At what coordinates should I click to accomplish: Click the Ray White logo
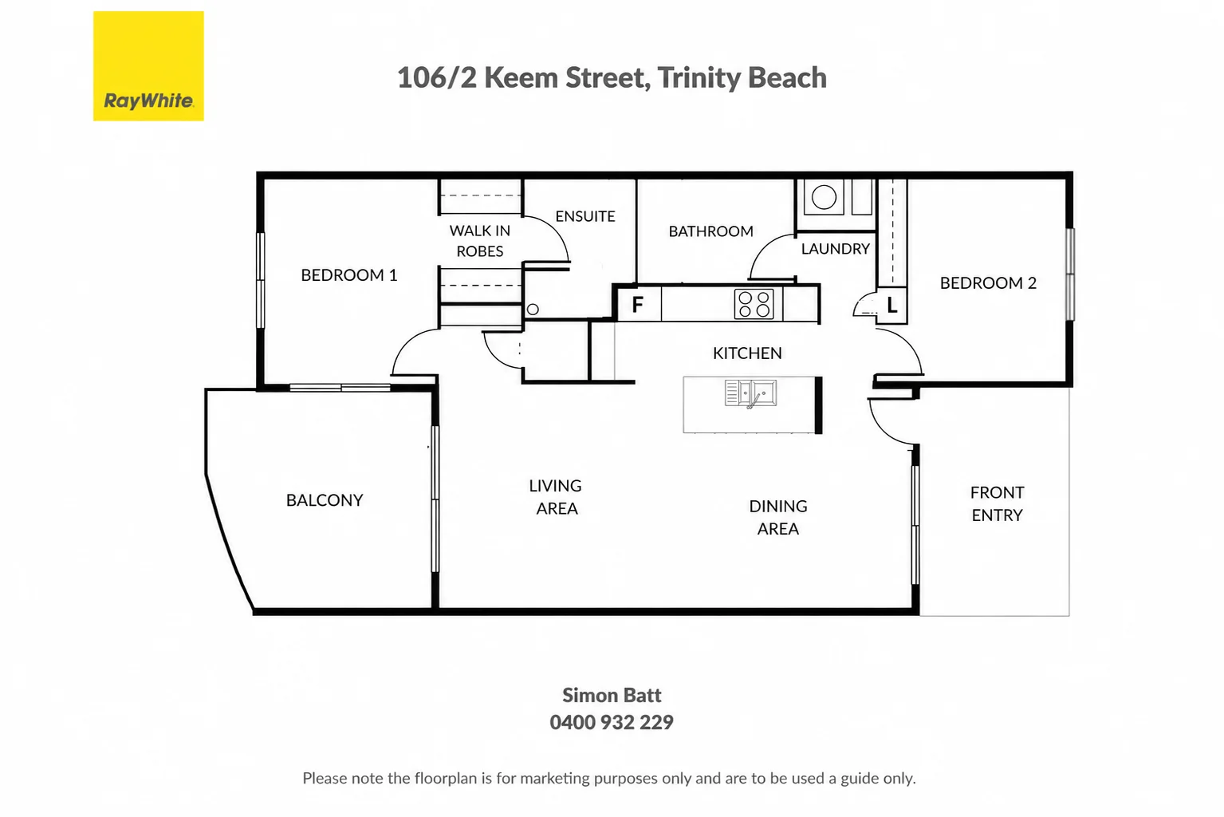pos(148,65)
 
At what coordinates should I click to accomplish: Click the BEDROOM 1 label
pos(348,275)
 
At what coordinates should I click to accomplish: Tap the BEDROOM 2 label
pos(988,282)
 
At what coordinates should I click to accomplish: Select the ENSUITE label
pos(585,216)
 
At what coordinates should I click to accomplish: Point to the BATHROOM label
pos(711,231)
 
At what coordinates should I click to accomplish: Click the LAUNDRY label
pos(836,249)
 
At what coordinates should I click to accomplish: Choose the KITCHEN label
pos(747,353)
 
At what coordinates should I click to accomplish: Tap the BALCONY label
pos(325,499)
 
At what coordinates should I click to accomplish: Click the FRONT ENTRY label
pos(997,503)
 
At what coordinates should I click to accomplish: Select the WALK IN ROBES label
pos(480,241)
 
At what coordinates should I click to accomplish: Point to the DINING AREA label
pos(778,517)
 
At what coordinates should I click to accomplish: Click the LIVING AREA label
pos(556,496)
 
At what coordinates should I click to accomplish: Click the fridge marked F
pos(638,304)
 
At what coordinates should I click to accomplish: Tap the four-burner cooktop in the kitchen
pos(754,304)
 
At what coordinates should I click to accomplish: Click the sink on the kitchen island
pos(750,393)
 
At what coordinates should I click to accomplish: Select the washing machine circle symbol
pos(824,197)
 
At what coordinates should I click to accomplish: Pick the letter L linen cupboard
pos(891,305)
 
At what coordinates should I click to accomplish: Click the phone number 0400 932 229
pos(612,722)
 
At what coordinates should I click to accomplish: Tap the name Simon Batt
pos(612,695)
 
